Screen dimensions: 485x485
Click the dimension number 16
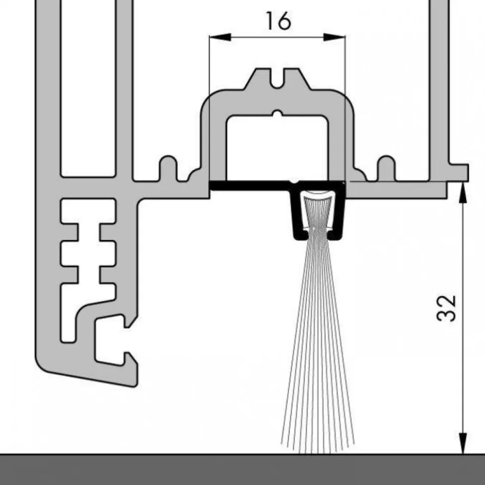[279, 21]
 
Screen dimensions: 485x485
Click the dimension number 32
[446, 309]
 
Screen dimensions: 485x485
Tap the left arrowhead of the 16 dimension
[220, 37]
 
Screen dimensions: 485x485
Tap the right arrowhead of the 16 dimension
[334, 37]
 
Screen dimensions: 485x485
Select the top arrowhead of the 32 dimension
[462, 193]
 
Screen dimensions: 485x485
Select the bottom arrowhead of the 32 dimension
[462, 443]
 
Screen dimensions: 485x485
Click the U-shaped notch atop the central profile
[278, 79]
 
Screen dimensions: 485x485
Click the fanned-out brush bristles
[318, 340]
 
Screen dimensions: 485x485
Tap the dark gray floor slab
[242, 470]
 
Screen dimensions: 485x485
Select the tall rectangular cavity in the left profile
[88, 88]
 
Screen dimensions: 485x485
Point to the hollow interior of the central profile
[277, 148]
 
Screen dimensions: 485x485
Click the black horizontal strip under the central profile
[250, 185]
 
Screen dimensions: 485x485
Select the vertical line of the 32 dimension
[462, 318]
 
